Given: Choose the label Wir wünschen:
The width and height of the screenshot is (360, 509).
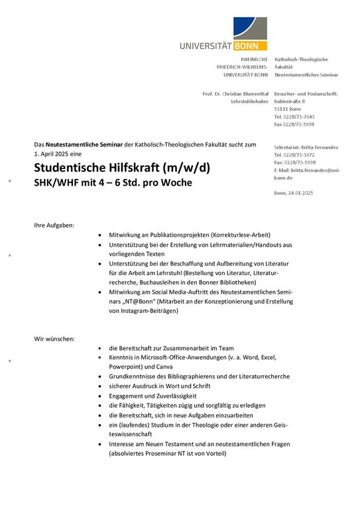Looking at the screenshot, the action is coord(54,339).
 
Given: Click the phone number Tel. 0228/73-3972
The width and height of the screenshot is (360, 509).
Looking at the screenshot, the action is coord(294,154).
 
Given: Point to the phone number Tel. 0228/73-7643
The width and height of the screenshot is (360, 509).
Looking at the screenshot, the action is coord(294,117).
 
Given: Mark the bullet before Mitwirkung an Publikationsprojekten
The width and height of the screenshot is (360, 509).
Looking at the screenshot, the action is coord(99,235).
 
